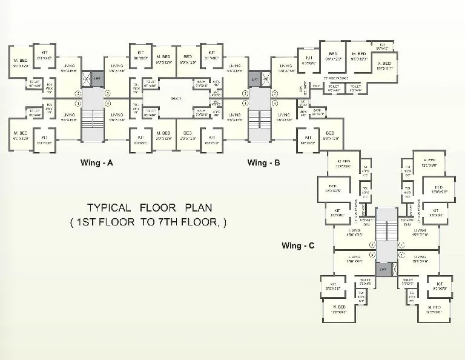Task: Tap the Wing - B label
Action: point(263,162)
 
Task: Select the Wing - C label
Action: point(298,245)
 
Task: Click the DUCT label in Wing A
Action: point(176,98)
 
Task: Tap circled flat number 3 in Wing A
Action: point(108,93)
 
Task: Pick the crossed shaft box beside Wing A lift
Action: point(86,78)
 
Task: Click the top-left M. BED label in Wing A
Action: point(20,62)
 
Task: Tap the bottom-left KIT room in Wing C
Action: point(332,286)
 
